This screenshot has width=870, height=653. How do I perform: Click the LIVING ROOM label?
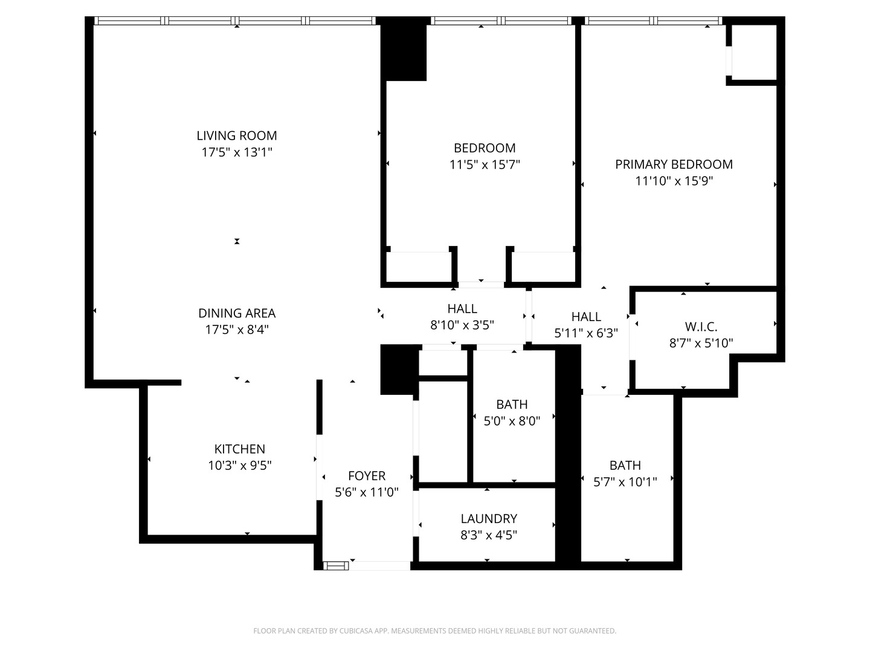(x=237, y=135)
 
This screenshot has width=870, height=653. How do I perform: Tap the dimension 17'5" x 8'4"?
(x=237, y=330)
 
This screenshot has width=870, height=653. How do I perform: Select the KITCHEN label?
(x=240, y=449)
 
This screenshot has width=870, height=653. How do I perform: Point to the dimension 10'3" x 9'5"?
(x=240, y=466)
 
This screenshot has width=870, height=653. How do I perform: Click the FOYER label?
(x=367, y=476)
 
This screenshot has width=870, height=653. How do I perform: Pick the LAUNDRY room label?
(x=489, y=518)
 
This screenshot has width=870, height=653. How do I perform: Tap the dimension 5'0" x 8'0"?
(x=512, y=421)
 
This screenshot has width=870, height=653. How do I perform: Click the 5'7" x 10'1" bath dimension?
(x=625, y=481)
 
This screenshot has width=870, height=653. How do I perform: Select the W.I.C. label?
(x=701, y=326)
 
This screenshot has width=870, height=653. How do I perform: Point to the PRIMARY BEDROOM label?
(x=674, y=164)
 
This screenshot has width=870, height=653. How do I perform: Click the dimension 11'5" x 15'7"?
(x=485, y=164)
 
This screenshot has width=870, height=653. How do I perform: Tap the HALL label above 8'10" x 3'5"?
(x=462, y=308)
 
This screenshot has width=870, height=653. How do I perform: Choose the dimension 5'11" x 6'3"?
(x=586, y=333)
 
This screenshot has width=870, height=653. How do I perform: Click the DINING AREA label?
(x=237, y=313)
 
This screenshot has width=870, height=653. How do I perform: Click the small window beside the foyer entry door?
(x=337, y=566)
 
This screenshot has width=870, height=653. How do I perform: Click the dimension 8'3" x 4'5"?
(x=489, y=535)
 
